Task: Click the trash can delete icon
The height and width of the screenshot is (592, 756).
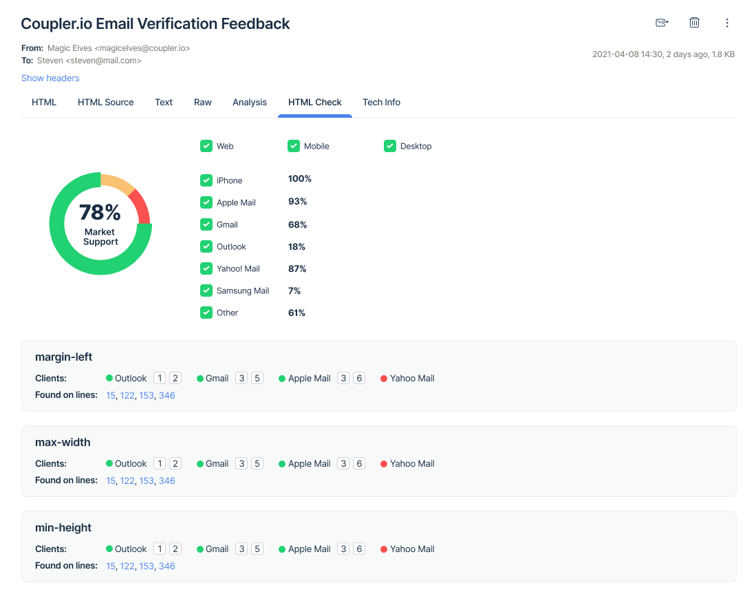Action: [695, 23]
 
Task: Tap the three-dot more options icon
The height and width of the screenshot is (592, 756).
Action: [727, 23]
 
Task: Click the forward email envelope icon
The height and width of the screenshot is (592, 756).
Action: [662, 23]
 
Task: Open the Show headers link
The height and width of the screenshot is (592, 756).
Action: [50, 78]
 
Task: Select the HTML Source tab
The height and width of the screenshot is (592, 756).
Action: [105, 103]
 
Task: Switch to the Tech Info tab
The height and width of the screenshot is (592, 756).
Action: [381, 103]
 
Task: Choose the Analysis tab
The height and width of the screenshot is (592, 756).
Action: [250, 103]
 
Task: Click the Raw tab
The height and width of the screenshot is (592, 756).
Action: [203, 103]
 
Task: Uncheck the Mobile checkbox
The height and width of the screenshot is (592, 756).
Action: [294, 146]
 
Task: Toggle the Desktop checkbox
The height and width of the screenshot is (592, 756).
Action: [390, 146]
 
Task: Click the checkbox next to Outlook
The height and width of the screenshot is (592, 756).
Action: [206, 246]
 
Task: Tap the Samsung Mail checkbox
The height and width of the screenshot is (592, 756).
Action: [206, 290]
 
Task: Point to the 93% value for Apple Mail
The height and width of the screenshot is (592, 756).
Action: [297, 202]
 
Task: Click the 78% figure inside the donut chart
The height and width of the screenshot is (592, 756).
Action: [100, 212]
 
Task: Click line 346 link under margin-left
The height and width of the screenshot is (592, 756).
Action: [167, 396]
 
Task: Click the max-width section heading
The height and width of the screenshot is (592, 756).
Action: [63, 443]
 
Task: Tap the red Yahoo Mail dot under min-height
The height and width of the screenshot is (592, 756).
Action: [384, 549]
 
